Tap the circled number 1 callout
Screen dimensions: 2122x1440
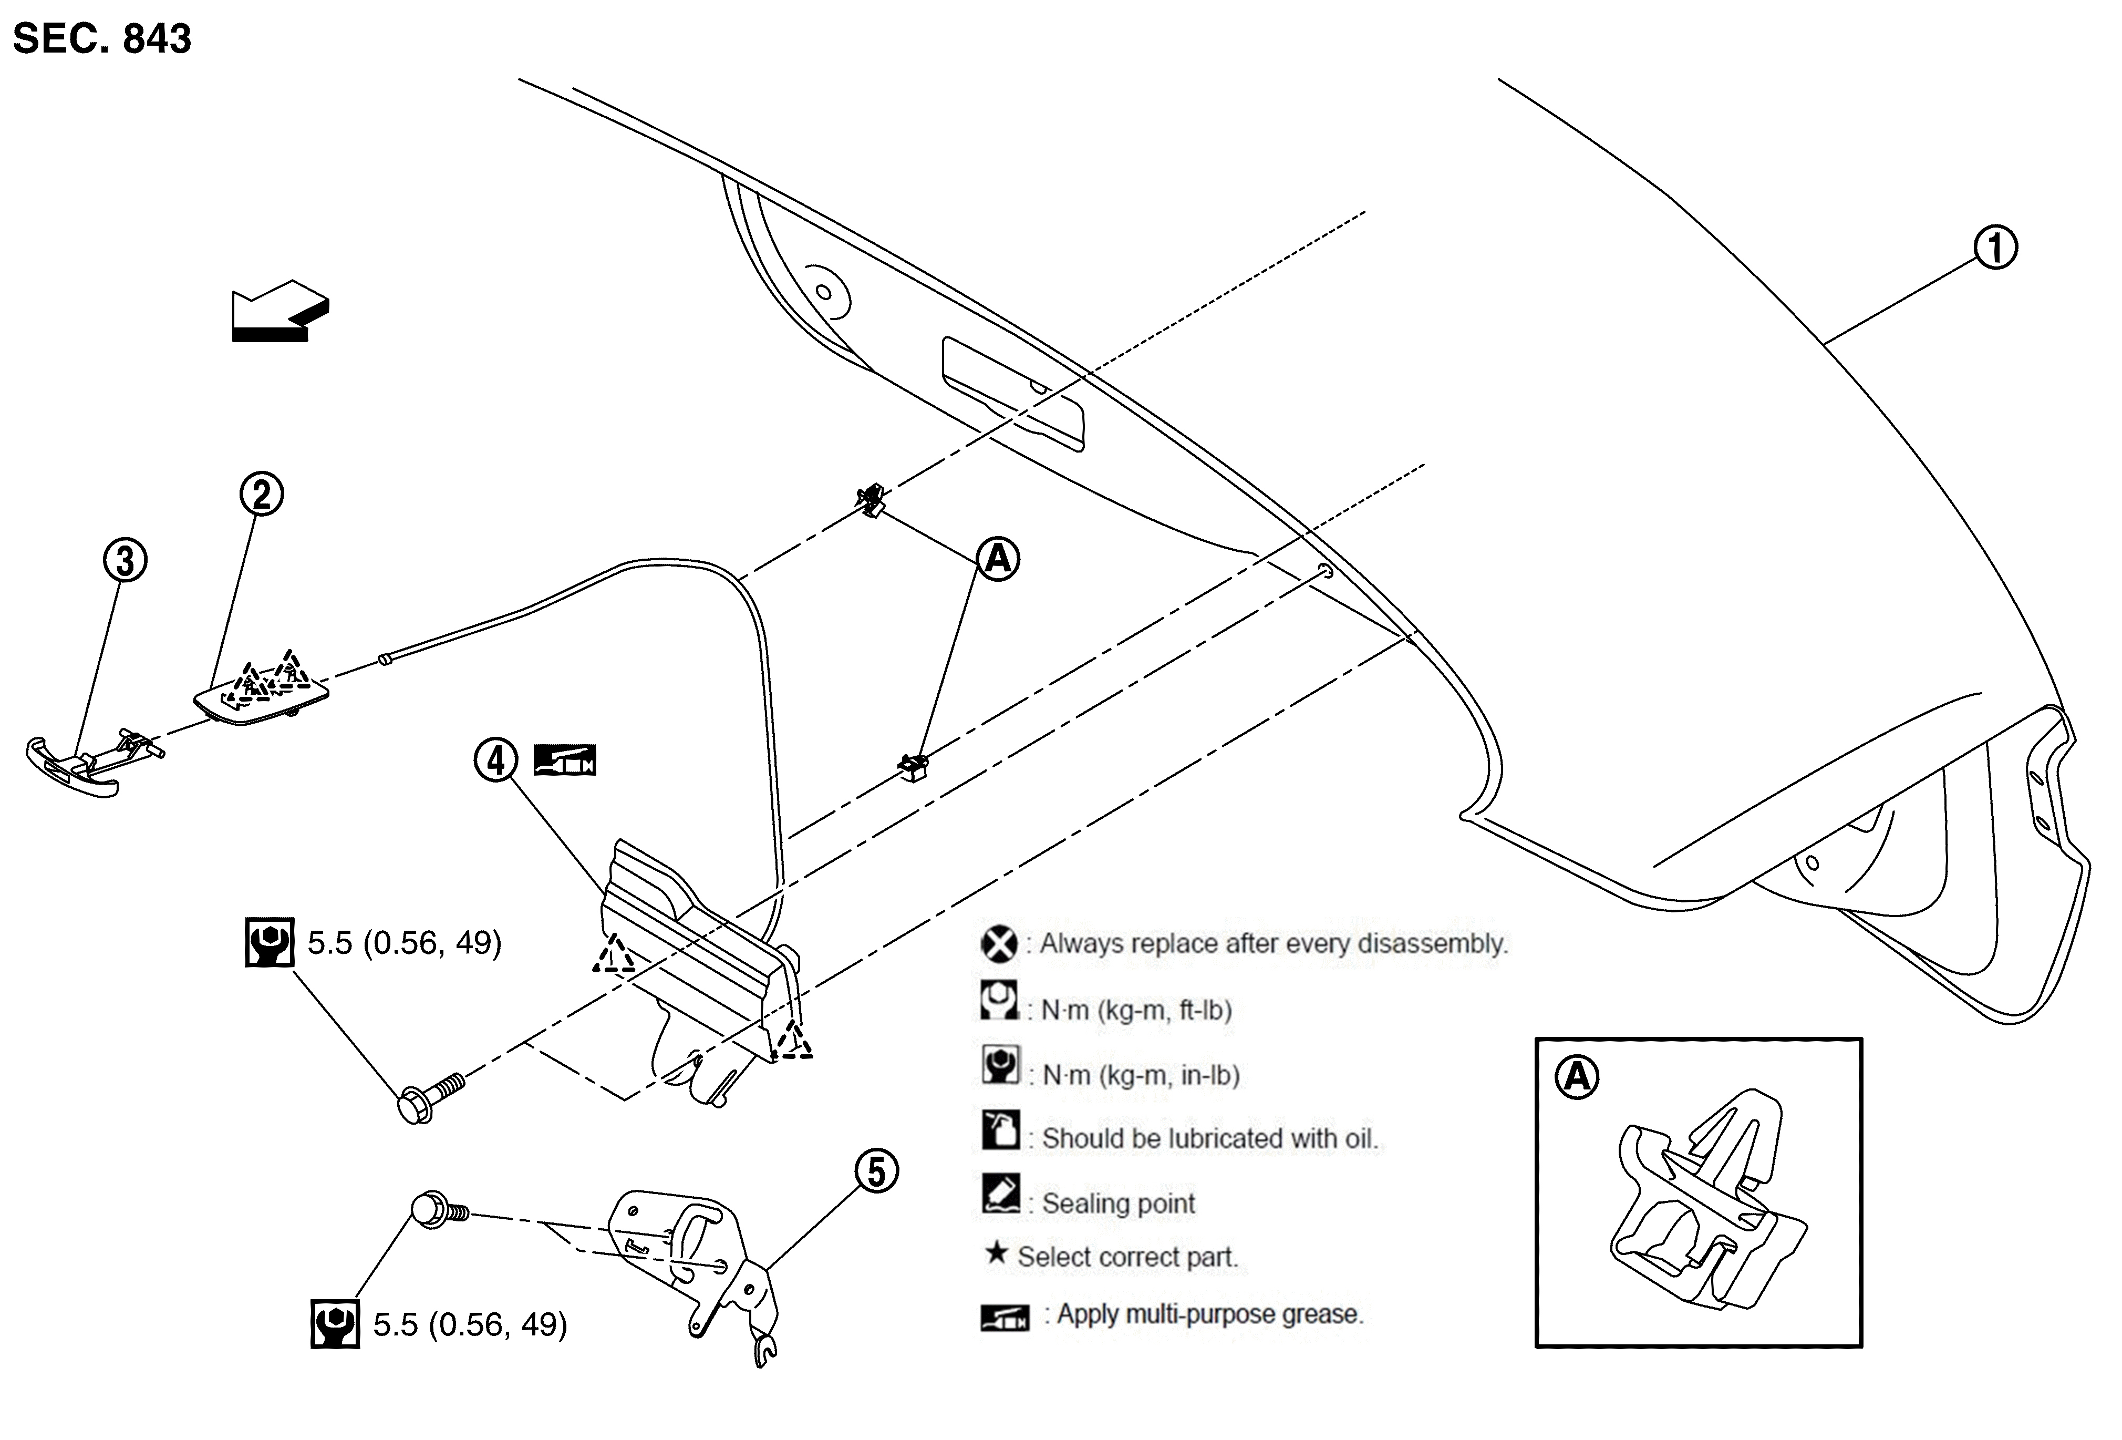[x=1996, y=248]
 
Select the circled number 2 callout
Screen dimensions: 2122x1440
[x=262, y=494]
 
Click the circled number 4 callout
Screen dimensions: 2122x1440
[x=496, y=760]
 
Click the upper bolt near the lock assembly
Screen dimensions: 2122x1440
[x=431, y=1098]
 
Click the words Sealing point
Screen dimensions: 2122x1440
[x=1119, y=1204]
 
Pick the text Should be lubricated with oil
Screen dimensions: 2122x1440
[x=1210, y=1139]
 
